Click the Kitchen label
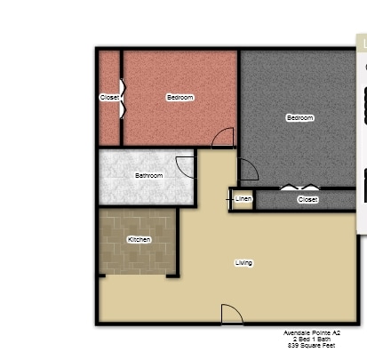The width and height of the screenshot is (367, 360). point(140,239)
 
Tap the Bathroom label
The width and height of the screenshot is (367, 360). point(148,175)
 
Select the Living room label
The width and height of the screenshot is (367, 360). point(243,263)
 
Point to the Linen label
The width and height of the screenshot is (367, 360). point(243,199)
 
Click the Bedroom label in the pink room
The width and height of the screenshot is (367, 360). point(180,97)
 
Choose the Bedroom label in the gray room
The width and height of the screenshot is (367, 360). point(300,117)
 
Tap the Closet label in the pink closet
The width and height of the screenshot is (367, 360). point(109,97)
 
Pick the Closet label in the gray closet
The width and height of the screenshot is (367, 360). point(308,199)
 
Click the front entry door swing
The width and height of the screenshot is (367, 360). point(232,315)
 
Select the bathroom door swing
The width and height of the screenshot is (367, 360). point(185,168)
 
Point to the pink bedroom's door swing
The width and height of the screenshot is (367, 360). point(223,137)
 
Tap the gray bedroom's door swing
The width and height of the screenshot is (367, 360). point(249,169)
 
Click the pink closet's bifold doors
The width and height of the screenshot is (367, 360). point(123,99)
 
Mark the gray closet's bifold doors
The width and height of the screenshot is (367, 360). point(300,187)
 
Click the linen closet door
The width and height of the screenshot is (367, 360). point(229,199)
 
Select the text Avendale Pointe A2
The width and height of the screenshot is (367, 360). point(312,332)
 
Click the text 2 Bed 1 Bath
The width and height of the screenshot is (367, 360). point(312,339)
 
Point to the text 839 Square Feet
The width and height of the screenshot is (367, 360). point(311,345)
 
